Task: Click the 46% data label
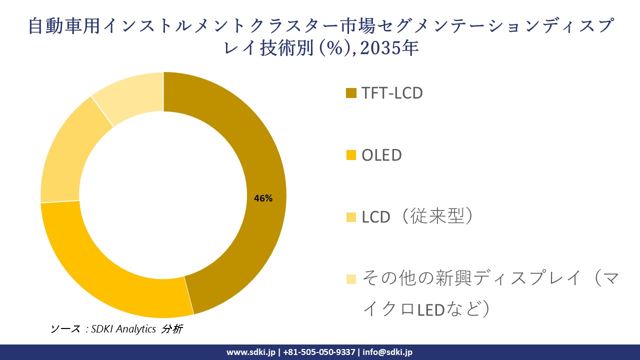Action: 263,198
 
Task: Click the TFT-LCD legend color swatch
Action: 351,93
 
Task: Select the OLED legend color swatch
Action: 351,155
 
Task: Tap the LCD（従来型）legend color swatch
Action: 351,217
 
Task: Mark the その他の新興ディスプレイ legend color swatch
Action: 351,278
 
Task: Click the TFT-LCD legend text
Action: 392,93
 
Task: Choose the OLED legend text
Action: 382,155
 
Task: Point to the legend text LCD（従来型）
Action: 418,217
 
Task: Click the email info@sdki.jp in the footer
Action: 387,352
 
